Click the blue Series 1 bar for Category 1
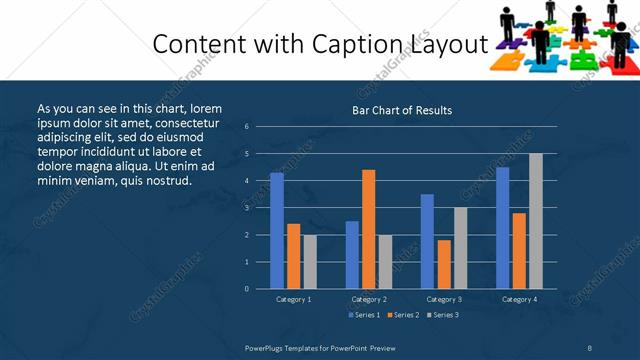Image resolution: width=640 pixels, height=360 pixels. click(x=276, y=231)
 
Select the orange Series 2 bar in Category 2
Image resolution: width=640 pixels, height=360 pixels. click(x=368, y=229)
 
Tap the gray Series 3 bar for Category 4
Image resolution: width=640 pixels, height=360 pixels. click(x=536, y=221)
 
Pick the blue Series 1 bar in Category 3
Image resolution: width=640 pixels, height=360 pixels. click(x=427, y=241)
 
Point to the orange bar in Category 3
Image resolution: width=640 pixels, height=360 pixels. click(x=444, y=264)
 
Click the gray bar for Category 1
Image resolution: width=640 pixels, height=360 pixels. click(x=310, y=262)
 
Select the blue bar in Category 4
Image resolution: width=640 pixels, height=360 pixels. click(x=502, y=228)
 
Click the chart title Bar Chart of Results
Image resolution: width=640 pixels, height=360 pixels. click(x=402, y=110)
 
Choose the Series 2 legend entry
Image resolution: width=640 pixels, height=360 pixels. click(x=402, y=315)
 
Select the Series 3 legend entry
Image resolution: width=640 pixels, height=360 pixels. click(x=442, y=315)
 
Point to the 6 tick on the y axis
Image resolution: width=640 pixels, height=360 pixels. click(x=247, y=127)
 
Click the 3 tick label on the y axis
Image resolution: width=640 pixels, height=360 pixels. click(x=247, y=208)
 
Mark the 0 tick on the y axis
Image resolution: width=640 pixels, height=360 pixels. click(x=247, y=289)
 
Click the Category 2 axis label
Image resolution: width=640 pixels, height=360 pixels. click(x=368, y=299)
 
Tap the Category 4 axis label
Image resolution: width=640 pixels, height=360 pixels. click(x=519, y=299)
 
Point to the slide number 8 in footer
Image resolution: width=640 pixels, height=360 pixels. click(x=590, y=347)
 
